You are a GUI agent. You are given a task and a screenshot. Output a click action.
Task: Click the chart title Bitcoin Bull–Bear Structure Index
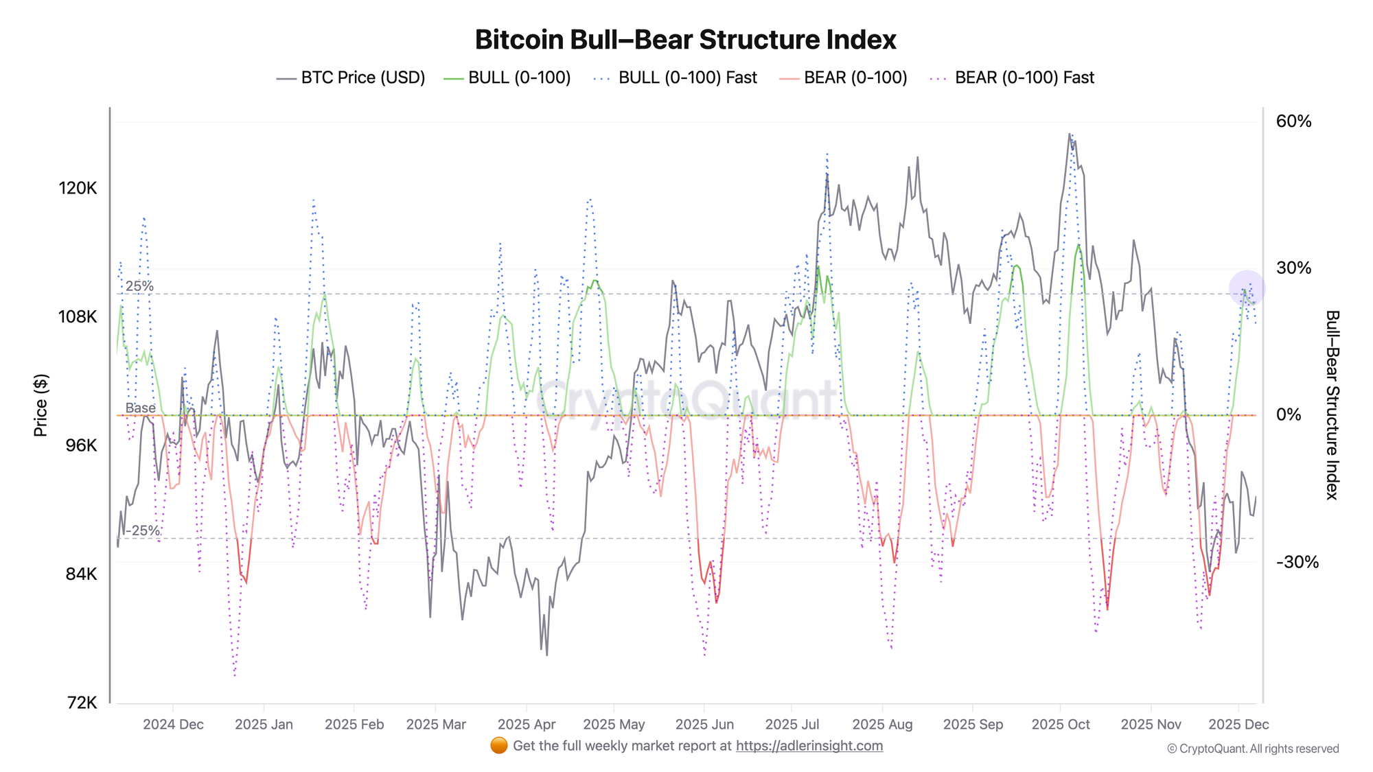pos(685,40)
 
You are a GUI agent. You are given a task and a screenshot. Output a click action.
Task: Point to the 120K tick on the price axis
pos(78,188)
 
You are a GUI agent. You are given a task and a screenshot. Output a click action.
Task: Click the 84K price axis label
pos(81,574)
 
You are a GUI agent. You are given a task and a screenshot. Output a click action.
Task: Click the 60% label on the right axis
pos(1293,121)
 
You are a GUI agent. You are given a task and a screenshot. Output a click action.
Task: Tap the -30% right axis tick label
pos(1297,562)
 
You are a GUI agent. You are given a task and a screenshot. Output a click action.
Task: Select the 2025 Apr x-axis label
pos(526,724)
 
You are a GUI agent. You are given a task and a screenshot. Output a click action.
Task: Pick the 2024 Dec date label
pos(173,724)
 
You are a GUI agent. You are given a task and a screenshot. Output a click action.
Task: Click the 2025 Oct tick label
pos(1060,724)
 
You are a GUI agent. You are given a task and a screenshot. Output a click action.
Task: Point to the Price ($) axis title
pos(41,405)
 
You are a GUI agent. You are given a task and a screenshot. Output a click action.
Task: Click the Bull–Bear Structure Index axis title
pos(1332,405)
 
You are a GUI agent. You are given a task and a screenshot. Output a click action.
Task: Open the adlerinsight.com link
pos(809,746)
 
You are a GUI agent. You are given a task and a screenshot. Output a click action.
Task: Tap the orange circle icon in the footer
pos(499,745)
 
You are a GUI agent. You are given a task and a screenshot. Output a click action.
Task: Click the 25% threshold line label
pos(139,286)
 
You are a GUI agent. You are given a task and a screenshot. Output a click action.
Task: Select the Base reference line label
pos(140,408)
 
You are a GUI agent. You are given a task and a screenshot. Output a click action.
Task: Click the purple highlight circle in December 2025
pos(1247,288)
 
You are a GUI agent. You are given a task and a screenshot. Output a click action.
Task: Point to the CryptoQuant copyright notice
pos(1253,749)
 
